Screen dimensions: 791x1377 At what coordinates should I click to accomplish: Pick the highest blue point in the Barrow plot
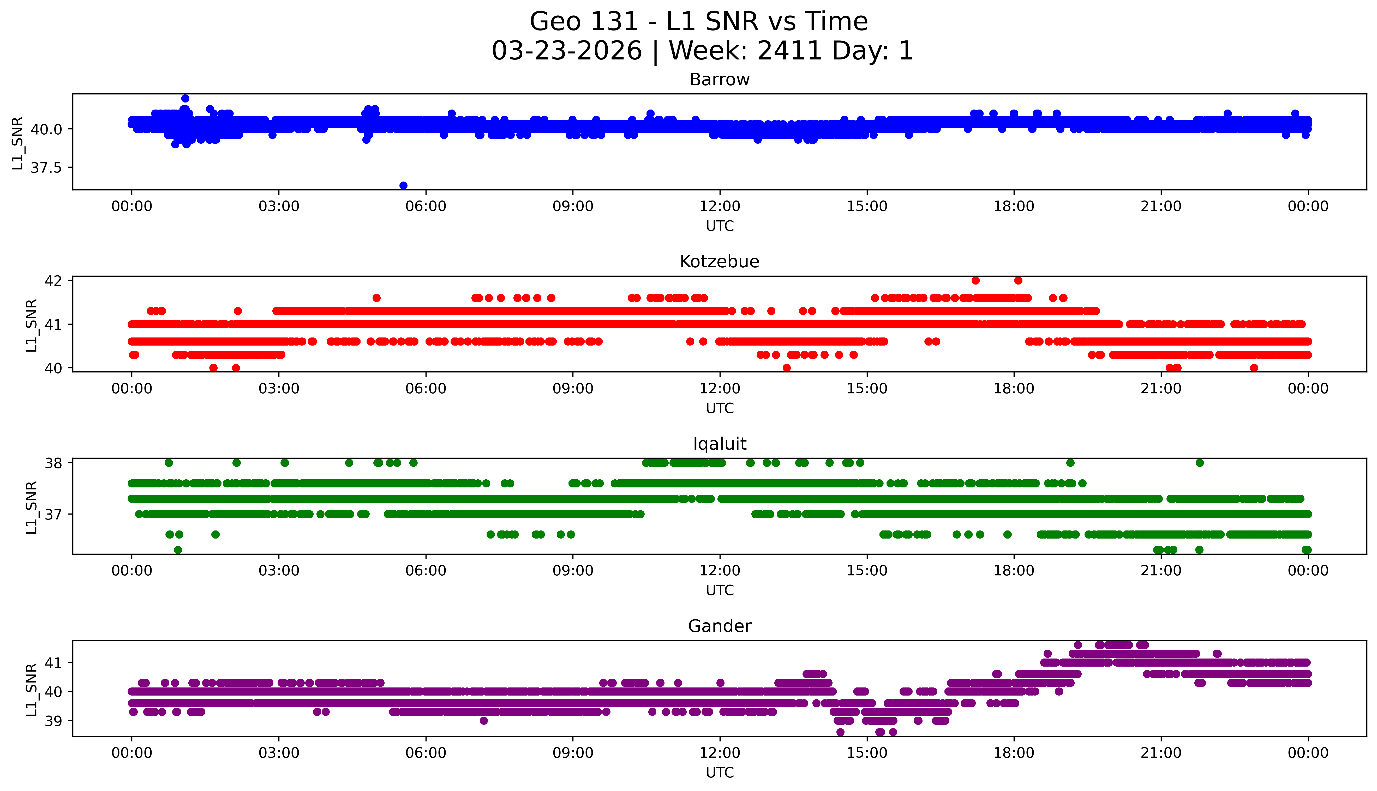(x=185, y=98)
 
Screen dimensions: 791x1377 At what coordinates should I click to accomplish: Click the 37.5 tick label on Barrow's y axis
(x=46, y=168)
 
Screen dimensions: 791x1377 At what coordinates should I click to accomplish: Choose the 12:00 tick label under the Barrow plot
(x=720, y=207)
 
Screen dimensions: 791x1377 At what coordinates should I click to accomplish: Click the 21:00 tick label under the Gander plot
(x=1161, y=753)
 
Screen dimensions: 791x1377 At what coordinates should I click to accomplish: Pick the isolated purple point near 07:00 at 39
(x=484, y=721)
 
